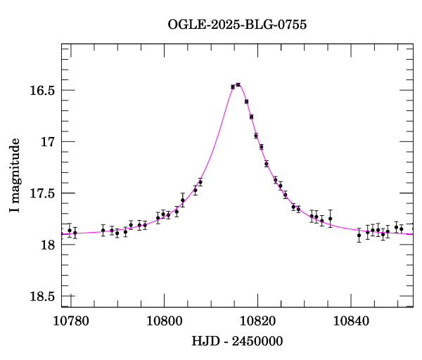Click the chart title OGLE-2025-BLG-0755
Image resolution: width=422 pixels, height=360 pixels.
point(237,24)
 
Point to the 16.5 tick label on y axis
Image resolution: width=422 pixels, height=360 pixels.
point(44,91)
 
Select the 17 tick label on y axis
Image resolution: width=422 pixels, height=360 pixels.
point(48,142)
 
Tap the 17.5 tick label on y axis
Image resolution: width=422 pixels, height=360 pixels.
point(44,193)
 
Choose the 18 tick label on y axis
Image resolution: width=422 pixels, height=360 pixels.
point(48,245)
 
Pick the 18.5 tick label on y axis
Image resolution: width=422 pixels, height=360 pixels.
point(44,296)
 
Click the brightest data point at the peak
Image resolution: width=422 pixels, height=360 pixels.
point(238,84)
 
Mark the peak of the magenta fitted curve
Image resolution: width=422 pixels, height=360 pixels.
point(237,84)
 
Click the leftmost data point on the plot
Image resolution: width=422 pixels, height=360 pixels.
point(69,231)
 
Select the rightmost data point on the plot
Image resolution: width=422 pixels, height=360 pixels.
point(402,229)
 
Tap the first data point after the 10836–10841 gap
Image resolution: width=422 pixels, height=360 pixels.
point(359,236)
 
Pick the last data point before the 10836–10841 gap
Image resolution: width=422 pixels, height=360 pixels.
point(331,219)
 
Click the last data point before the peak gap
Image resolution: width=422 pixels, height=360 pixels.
point(200,182)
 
